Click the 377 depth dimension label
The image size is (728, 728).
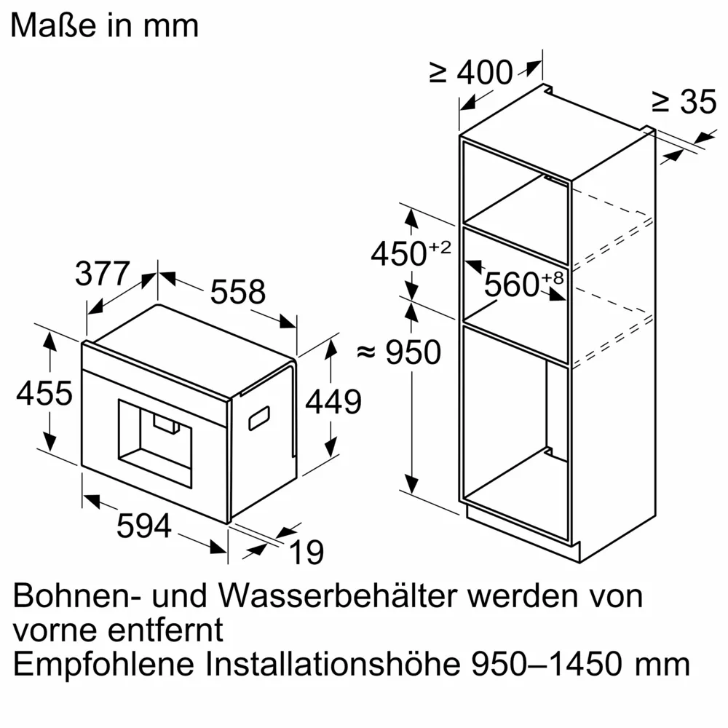[x=102, y=274]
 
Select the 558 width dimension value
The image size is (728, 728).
[x=237, y=292]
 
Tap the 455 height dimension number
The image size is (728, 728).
[x=44, y=394]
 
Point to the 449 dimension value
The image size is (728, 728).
[x=333, y=402]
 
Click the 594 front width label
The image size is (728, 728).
[x=144, y=526]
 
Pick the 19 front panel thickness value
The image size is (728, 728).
[x=309, y=553]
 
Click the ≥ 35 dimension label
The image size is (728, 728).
[x=684, y=103]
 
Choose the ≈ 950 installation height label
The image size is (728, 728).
[x=400, y=353]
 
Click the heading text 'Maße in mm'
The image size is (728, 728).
[x=105, y=25]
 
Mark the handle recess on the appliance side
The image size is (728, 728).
[x=261, y=418]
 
